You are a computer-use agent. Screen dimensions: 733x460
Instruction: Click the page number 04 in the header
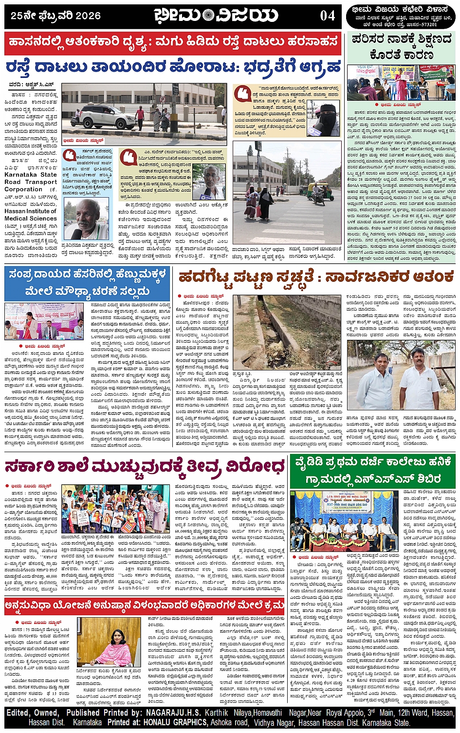tap(327, 16)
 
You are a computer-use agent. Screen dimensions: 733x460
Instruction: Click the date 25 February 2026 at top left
tap(55, 16)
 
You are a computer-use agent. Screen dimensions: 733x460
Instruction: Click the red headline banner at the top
tap(173, 43)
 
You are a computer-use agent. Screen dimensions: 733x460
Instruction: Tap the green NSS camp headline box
tap(372, 470)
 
